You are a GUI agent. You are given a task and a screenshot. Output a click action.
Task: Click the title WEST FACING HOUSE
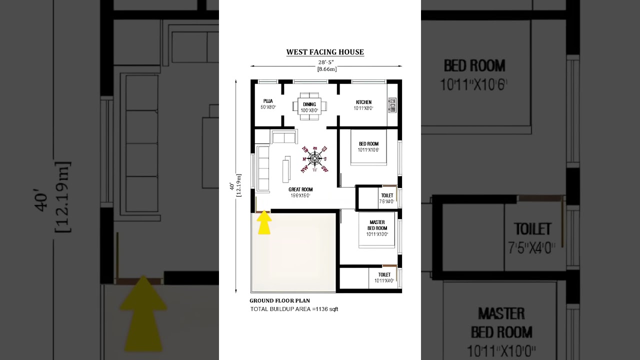point(325,52)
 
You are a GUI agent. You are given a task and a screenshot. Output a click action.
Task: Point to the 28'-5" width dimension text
point(326,62)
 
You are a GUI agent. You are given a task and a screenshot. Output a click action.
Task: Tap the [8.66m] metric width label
point(327,69)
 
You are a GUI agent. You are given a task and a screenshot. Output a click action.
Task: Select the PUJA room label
point(268,101)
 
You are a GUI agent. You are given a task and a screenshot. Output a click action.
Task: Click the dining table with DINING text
point(309,106)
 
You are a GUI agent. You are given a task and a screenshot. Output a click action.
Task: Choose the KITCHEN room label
point(363,102)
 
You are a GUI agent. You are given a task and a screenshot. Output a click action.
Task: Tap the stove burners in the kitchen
point(392,105)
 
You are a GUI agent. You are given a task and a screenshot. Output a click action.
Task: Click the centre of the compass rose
point(314,159)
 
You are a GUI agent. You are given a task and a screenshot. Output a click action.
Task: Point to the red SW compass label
point(324,168)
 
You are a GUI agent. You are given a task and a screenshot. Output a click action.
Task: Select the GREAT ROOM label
point(300,189)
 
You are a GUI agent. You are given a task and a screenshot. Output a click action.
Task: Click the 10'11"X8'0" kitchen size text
point(363,108)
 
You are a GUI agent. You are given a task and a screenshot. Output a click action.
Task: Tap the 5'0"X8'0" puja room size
point(268,107)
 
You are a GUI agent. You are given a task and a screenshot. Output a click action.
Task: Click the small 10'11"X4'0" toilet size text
point(384,281)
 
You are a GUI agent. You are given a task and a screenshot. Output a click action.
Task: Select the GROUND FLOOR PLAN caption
point(279,301)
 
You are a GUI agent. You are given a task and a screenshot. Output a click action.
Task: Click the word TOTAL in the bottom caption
point(259,309)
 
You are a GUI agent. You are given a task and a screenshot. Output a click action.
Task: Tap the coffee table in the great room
point(286,169)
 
